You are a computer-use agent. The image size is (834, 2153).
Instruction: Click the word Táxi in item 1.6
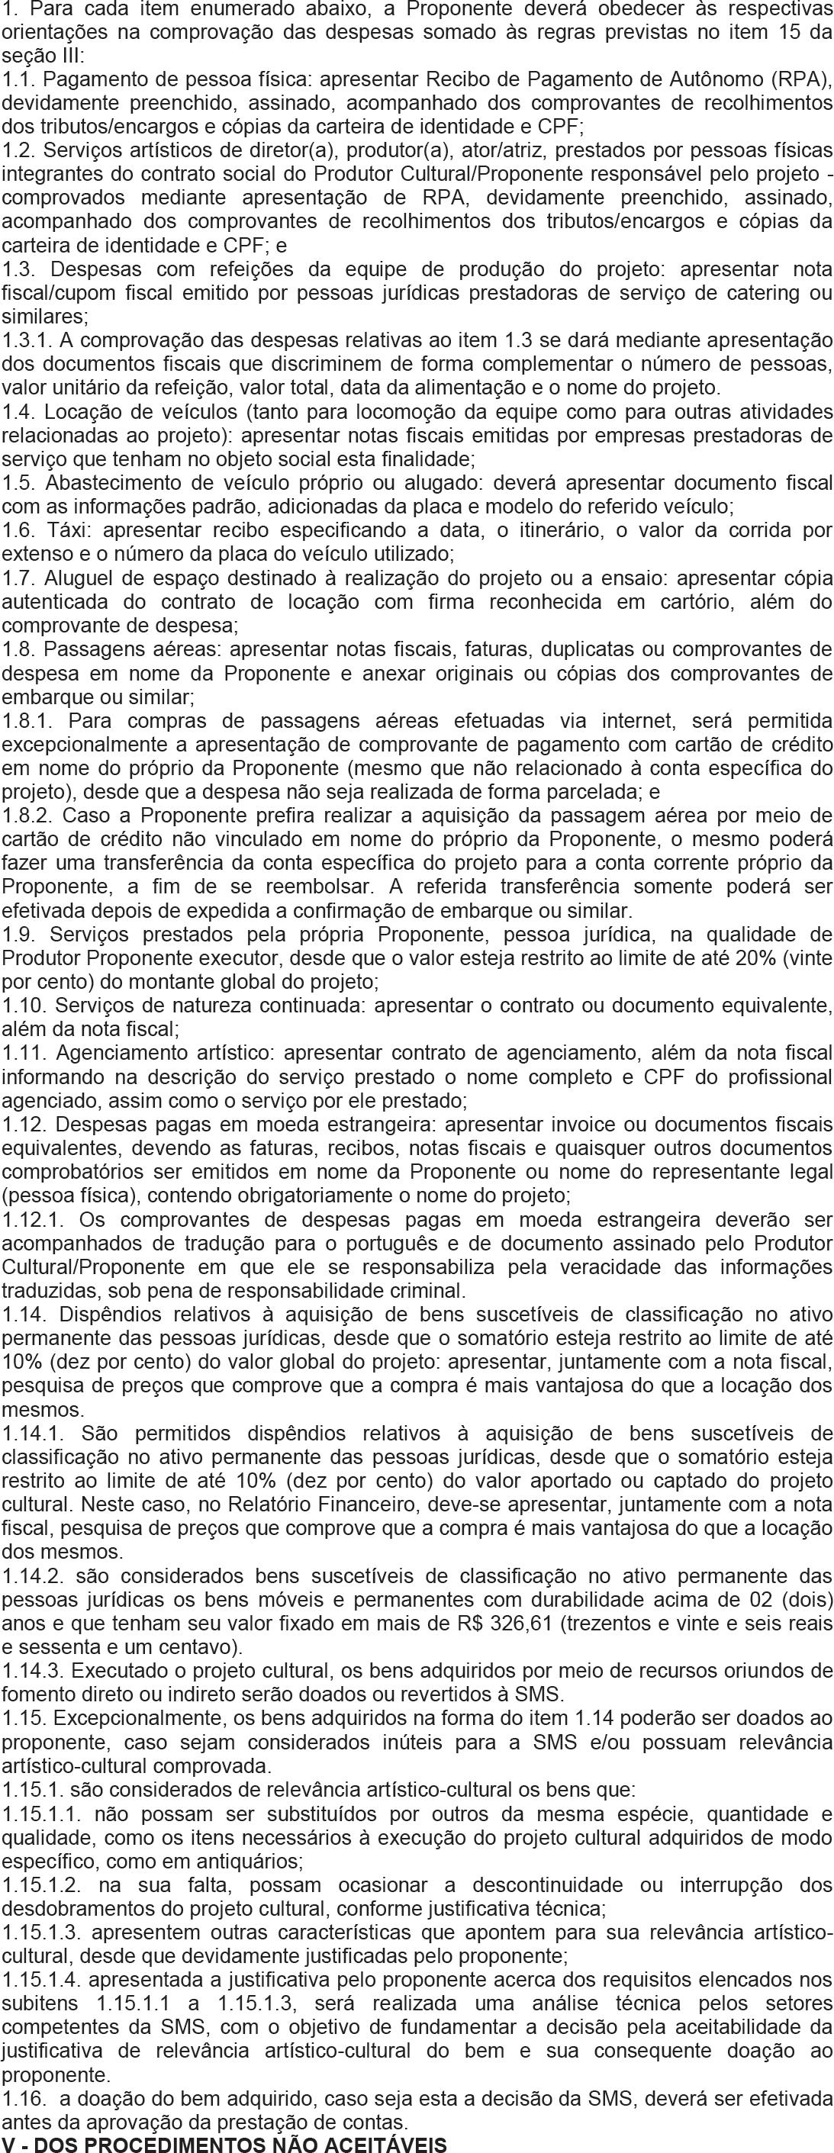click(63, 530)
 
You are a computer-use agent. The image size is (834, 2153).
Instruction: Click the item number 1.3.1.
click(26, 340)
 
